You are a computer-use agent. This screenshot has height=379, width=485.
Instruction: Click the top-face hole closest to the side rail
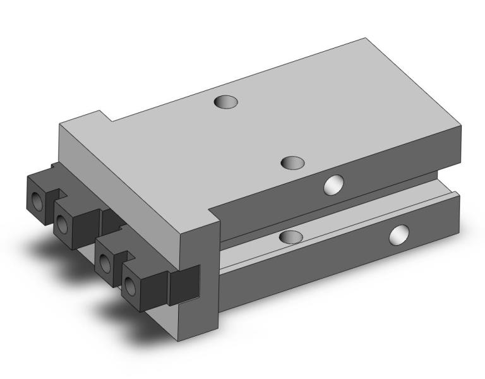tap(292, 163)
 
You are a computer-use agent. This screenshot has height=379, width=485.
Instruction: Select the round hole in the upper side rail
tap(332, 184)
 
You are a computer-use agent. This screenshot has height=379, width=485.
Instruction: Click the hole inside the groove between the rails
tap(290, 237)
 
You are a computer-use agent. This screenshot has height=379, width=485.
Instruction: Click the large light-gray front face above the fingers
tap(126, 177)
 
